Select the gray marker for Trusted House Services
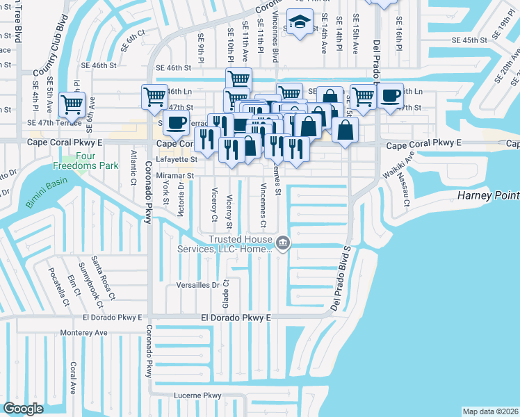[282, 243]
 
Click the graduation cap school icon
[300, 24]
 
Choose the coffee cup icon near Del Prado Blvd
[391, 96]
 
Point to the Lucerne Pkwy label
[197, 395]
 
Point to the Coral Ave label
[72, 378]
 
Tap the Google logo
[23, 409]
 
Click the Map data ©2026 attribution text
[489, 411]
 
